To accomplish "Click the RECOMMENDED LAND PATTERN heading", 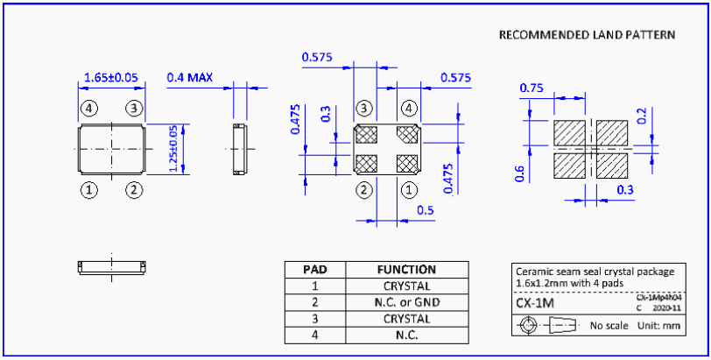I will pyautogui.click(x=587, y=35).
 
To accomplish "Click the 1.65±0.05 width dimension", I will pyautogui.click(x=111, y=78).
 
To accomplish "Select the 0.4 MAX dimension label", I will pyautogui.click(x=190, y=78).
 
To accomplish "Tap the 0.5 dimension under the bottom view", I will pyautogui.click(x=426, y=210).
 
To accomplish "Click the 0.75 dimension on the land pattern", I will pyautogui.click(x=531, y=88).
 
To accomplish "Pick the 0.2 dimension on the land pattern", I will pyautogui.click(x=643, y=116).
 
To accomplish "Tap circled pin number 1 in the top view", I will pyautogui.click(x=88, y=189).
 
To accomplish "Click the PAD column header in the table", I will pyautogui.click(x=314, y=270).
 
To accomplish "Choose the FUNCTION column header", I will pyautogui.click(x=406, y=270).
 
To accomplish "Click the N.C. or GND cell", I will pyautogui.click(x=406, y=303).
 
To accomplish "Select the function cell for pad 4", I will pyautogui.click(x=406, y=335).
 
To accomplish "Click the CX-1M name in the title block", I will pyautogui.click(x=534, y=302).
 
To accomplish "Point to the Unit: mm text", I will pyautogui.click(x=659, y=326).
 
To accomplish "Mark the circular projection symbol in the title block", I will pyautogui.click(x=528, y=326).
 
